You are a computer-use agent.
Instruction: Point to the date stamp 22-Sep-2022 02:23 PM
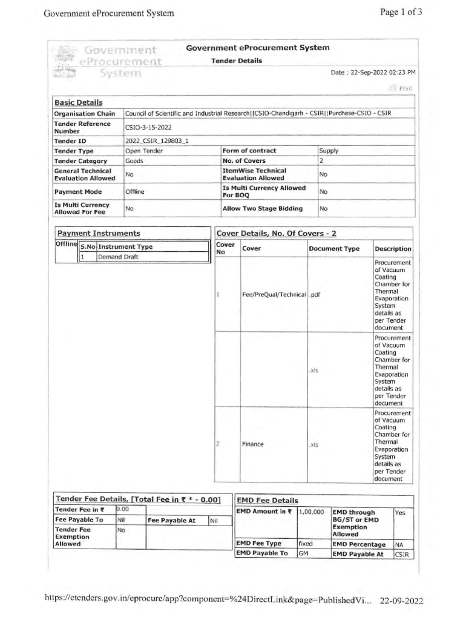373,72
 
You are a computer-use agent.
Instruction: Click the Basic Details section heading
79,103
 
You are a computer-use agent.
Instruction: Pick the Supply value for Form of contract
329,151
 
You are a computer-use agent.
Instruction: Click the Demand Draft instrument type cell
119,257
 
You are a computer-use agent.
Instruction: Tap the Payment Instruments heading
99,233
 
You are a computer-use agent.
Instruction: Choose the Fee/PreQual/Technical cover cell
274,294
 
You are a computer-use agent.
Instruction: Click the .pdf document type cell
315,294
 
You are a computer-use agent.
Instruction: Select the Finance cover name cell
253,444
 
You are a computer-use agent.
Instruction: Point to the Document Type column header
333,249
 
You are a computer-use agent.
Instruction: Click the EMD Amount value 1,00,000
312,512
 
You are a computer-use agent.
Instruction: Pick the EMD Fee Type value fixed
306,544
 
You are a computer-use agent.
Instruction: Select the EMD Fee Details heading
267,501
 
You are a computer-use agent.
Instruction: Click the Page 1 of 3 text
401,12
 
